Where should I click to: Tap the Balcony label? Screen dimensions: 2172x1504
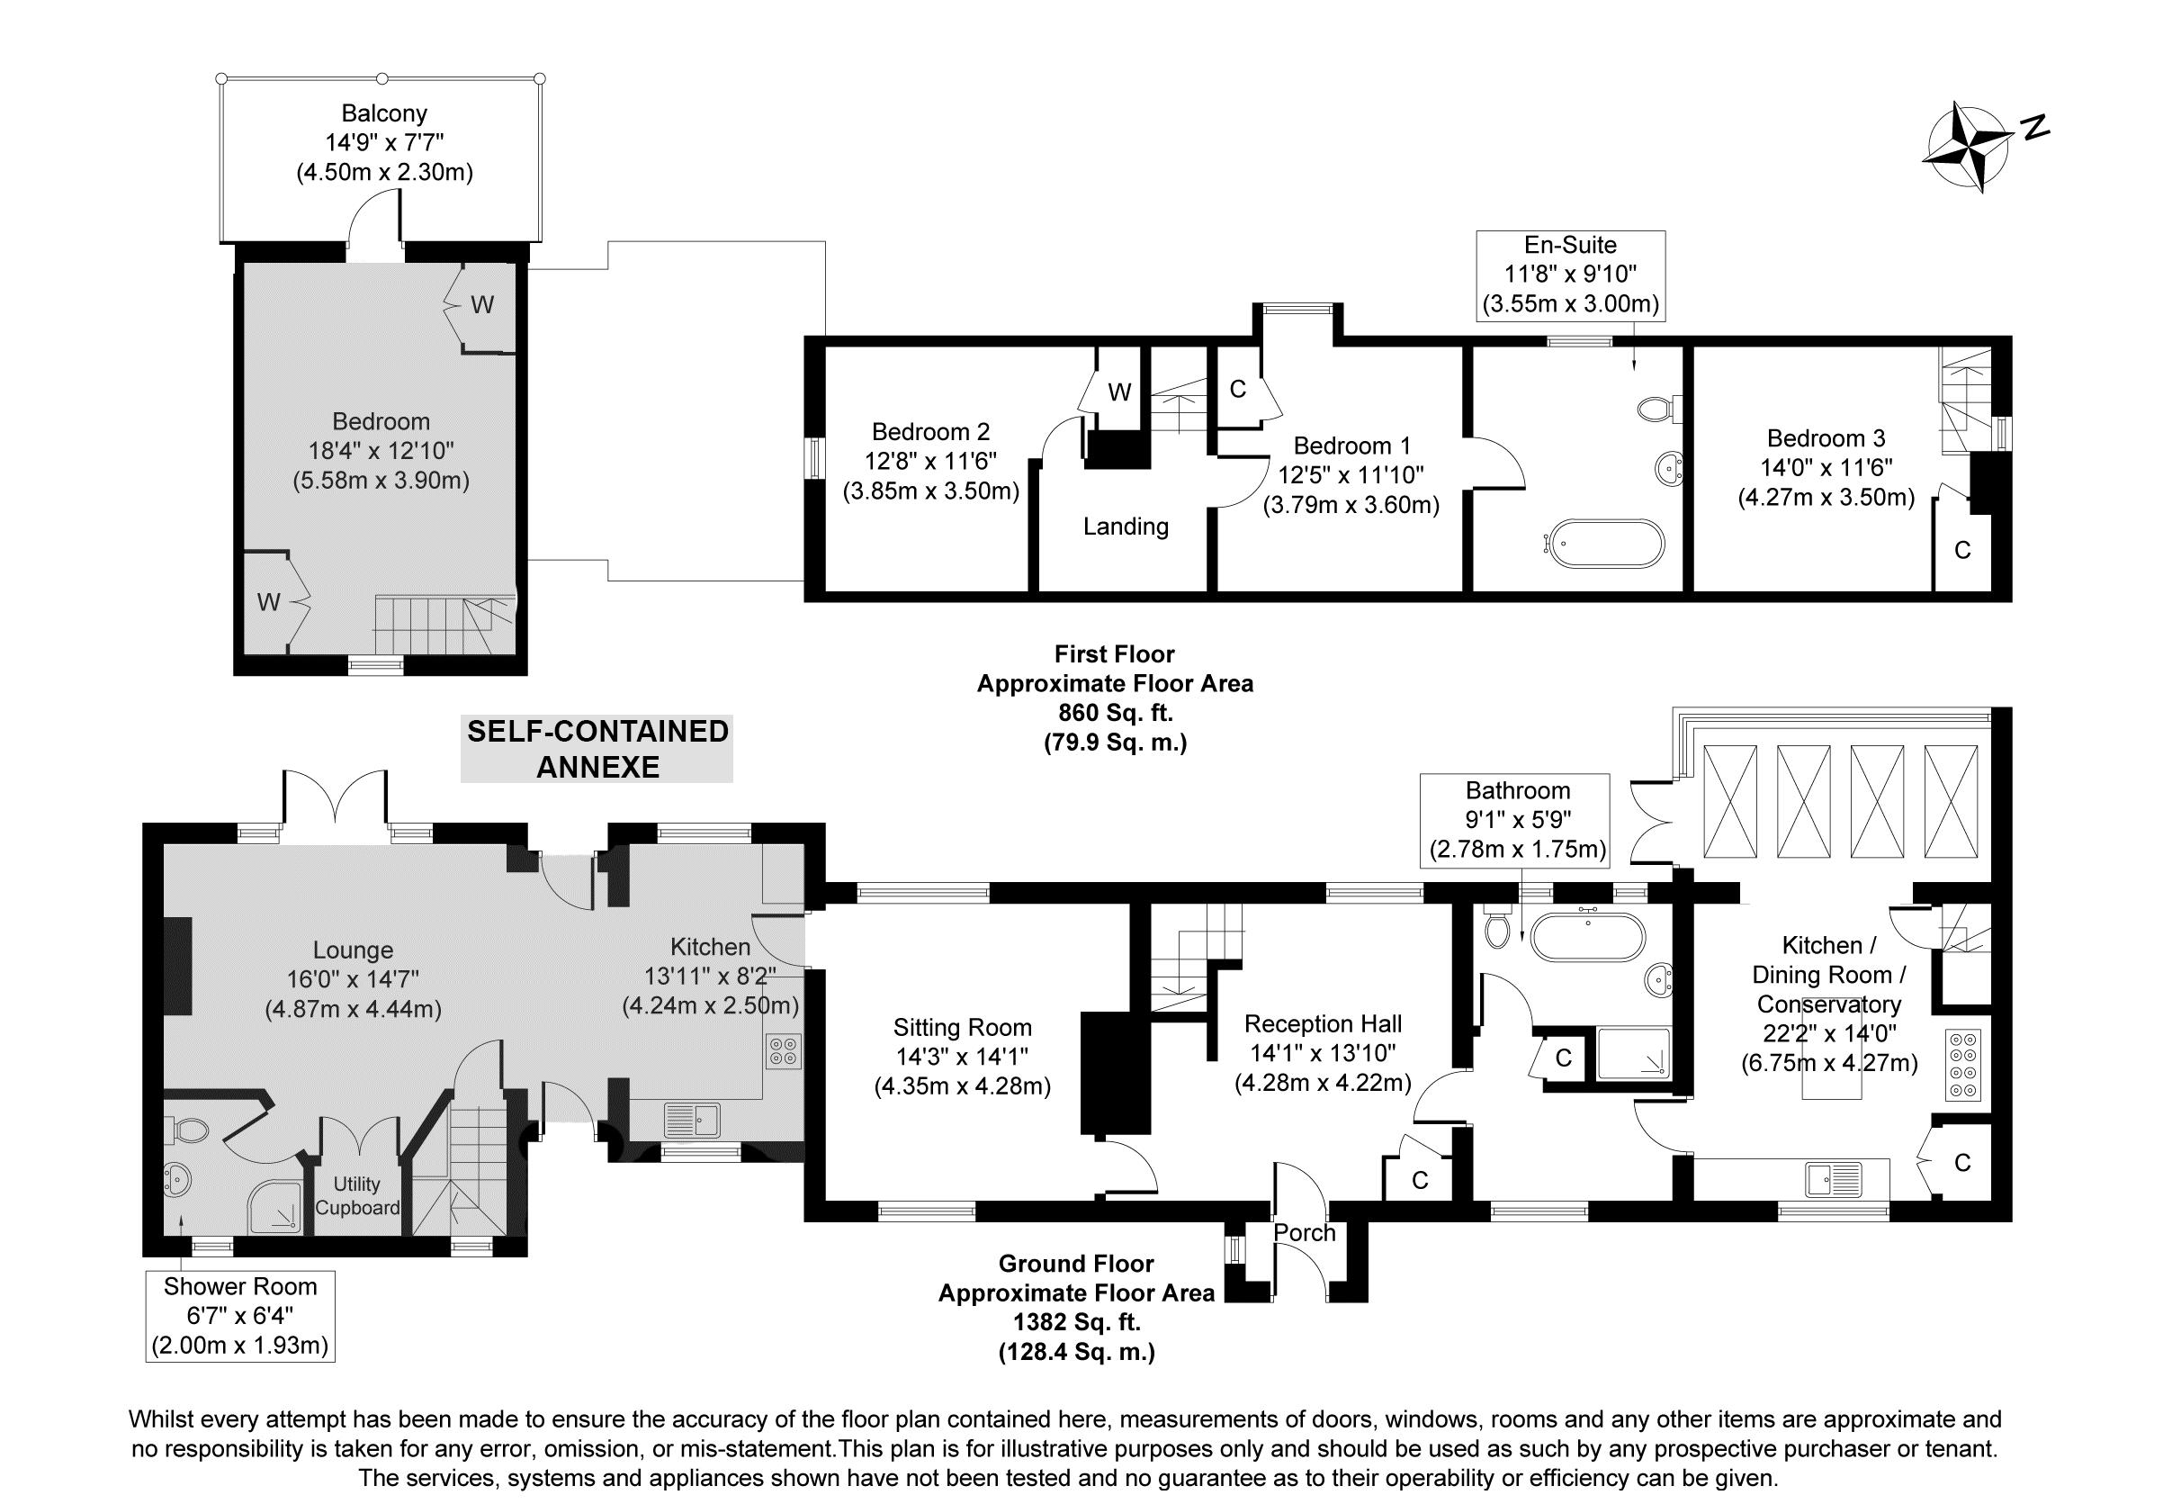384,114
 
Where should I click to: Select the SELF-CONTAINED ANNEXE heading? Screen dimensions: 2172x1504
597,749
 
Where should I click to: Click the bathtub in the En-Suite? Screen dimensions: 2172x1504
1607,543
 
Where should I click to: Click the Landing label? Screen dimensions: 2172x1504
1126,526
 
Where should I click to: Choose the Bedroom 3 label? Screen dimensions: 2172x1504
1826,438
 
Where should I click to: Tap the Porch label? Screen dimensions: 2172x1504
1305,1231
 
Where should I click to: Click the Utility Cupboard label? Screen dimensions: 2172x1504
357,1196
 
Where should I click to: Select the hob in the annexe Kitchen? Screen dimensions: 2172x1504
784,1051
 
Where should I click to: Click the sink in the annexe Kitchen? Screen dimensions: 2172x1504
691,1121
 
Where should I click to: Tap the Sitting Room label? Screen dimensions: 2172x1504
962,1027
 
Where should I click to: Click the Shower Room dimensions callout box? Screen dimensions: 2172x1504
240,1316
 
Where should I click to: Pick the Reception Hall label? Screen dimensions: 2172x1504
1323,1023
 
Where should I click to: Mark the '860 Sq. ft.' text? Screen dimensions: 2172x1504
1115,714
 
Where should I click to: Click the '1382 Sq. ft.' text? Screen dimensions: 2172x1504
1077,1322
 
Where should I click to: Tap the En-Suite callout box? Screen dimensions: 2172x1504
1570,275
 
